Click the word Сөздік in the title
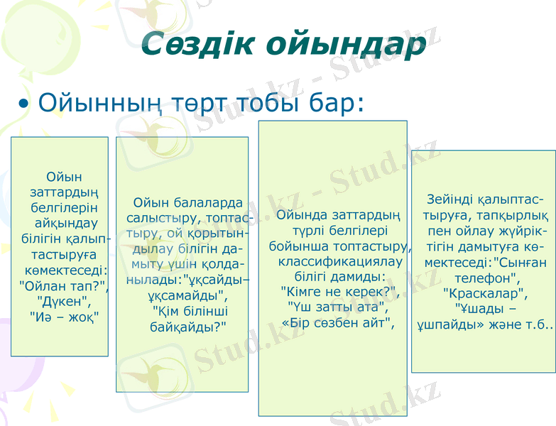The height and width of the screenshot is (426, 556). pos(199,44)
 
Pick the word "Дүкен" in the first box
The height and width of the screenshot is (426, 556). pos(63,300)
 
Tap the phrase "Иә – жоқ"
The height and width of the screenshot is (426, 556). pos(63,316)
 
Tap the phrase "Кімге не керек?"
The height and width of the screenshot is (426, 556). pos(339,291)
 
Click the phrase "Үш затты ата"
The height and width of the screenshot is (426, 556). pos(337,307)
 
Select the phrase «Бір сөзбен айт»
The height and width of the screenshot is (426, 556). pos(337,322)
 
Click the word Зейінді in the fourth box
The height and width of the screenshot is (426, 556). pos(449,200)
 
